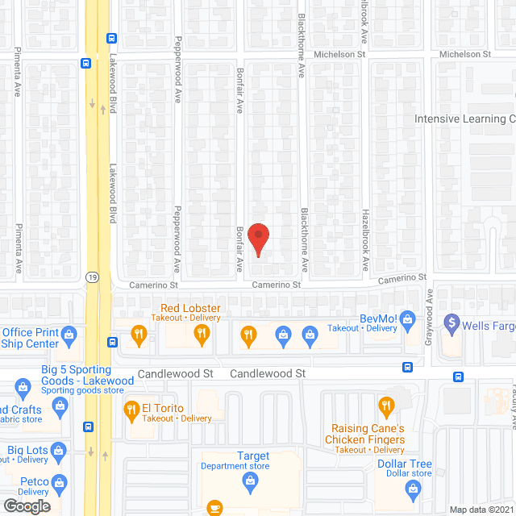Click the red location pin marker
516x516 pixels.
[x=258, y=239]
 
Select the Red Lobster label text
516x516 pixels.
[x=190, y=309]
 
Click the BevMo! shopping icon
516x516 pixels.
[x=407, y=318]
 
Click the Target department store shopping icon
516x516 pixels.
[x=251, y=482]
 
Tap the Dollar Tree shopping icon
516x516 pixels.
[x=414, y=488]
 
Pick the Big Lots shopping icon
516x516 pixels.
[x=57, y=450]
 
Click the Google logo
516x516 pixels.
[x=27, y=506]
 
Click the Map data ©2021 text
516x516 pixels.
[x=481, y=510]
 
